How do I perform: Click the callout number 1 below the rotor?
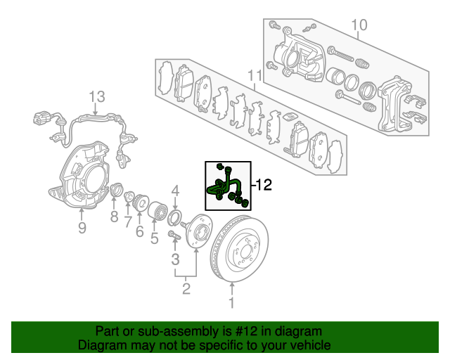tap(231, 302)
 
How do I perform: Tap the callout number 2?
tap(186, 288)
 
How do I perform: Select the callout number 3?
tap(175, 259)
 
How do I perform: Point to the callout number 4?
tap(176, 191)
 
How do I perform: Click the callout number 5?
tap(155, 238)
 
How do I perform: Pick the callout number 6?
tap(139, 231)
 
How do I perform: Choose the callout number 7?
tap(128, 222)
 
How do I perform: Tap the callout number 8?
tap(114, 217)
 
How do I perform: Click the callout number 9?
tap(82, 228)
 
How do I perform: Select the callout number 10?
tap(359, 25)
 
